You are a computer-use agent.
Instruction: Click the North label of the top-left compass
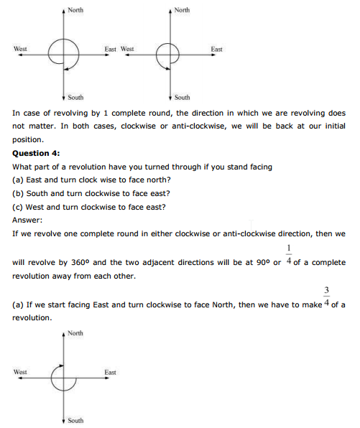[x=75, y=10]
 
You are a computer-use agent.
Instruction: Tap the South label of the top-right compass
[x=183, y=97]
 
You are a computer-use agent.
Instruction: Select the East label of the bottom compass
[x=111, y=372]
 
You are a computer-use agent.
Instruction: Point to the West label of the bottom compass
[x=20, y=372]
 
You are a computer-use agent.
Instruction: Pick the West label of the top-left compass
[x=20, y=49]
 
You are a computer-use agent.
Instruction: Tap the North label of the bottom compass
[x=75, y=333]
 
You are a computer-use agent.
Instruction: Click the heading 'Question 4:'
[x=37, y=153]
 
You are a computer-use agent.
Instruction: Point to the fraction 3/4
[x=326, y=297]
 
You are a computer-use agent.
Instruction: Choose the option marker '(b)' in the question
[x=19, y=193]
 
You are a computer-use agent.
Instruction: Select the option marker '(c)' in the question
[x=19, y=207]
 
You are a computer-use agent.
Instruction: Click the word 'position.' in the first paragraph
[x=28, y=139]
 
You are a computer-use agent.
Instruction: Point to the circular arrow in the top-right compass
[x=167, y=54]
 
